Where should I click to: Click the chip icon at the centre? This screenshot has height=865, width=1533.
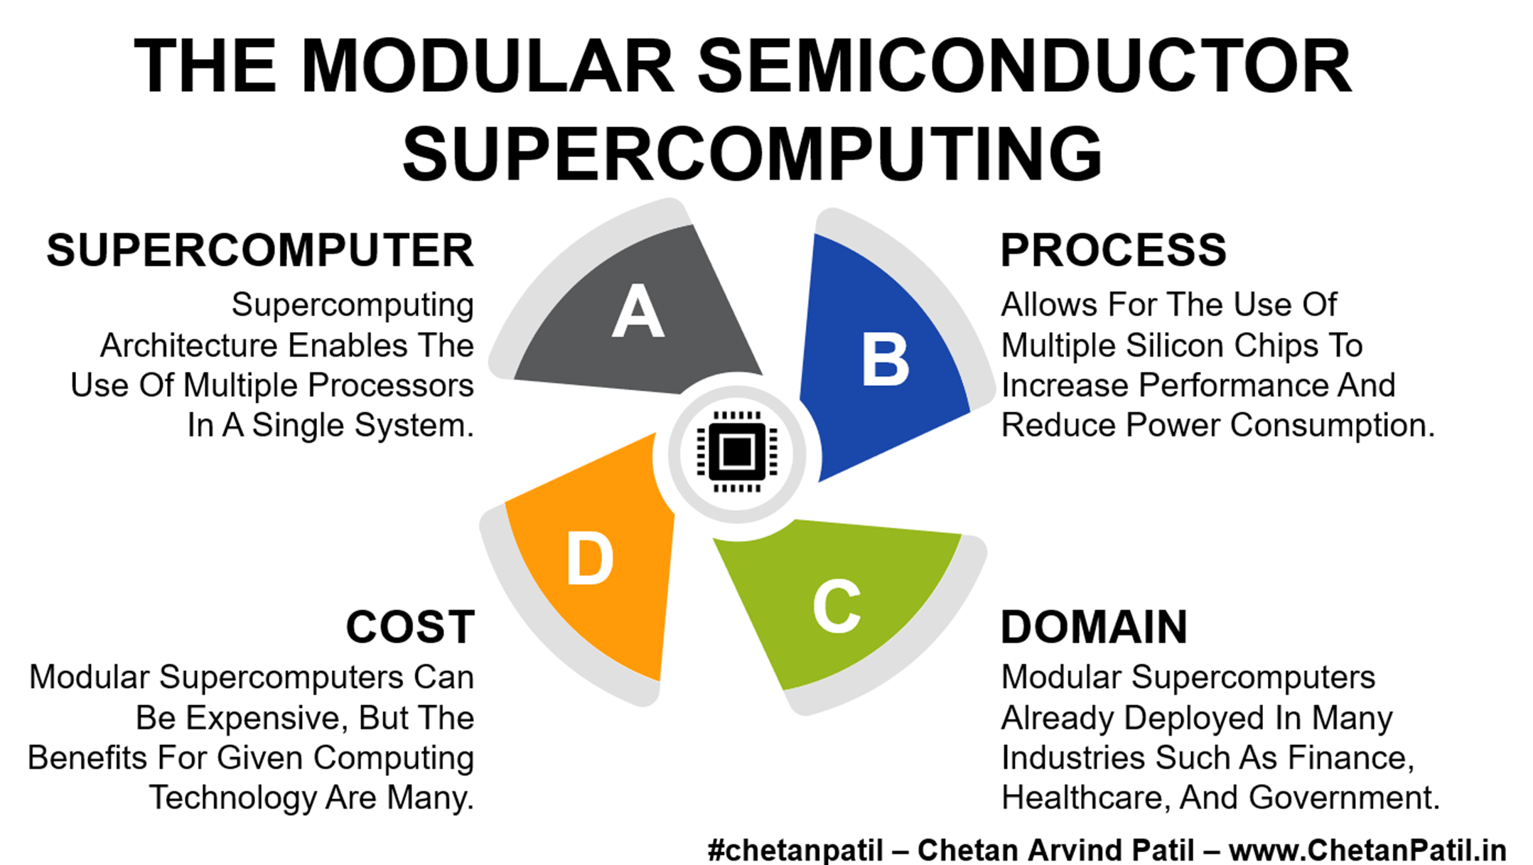coord(736,451)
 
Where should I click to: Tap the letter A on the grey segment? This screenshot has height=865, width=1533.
coord(638,311)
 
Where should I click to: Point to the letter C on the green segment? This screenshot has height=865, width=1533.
coord(837,606)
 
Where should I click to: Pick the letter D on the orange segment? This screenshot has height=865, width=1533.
coord(590,560)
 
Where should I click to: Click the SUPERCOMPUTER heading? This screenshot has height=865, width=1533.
coord(260,250)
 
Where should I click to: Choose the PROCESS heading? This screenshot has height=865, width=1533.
coord(1113,250)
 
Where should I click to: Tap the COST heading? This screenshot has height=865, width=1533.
coord(410,627)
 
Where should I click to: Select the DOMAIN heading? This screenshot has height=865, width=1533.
coord(1094,627)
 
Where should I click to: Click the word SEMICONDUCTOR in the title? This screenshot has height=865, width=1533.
coord(1024,66)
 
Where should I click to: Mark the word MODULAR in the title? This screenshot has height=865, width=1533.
coord(488,66)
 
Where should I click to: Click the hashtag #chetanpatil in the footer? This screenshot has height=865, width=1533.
coord(795,850)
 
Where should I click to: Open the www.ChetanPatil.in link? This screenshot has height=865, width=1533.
coord(1367,850)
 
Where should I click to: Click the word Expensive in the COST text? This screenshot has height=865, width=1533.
coord(267,718)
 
